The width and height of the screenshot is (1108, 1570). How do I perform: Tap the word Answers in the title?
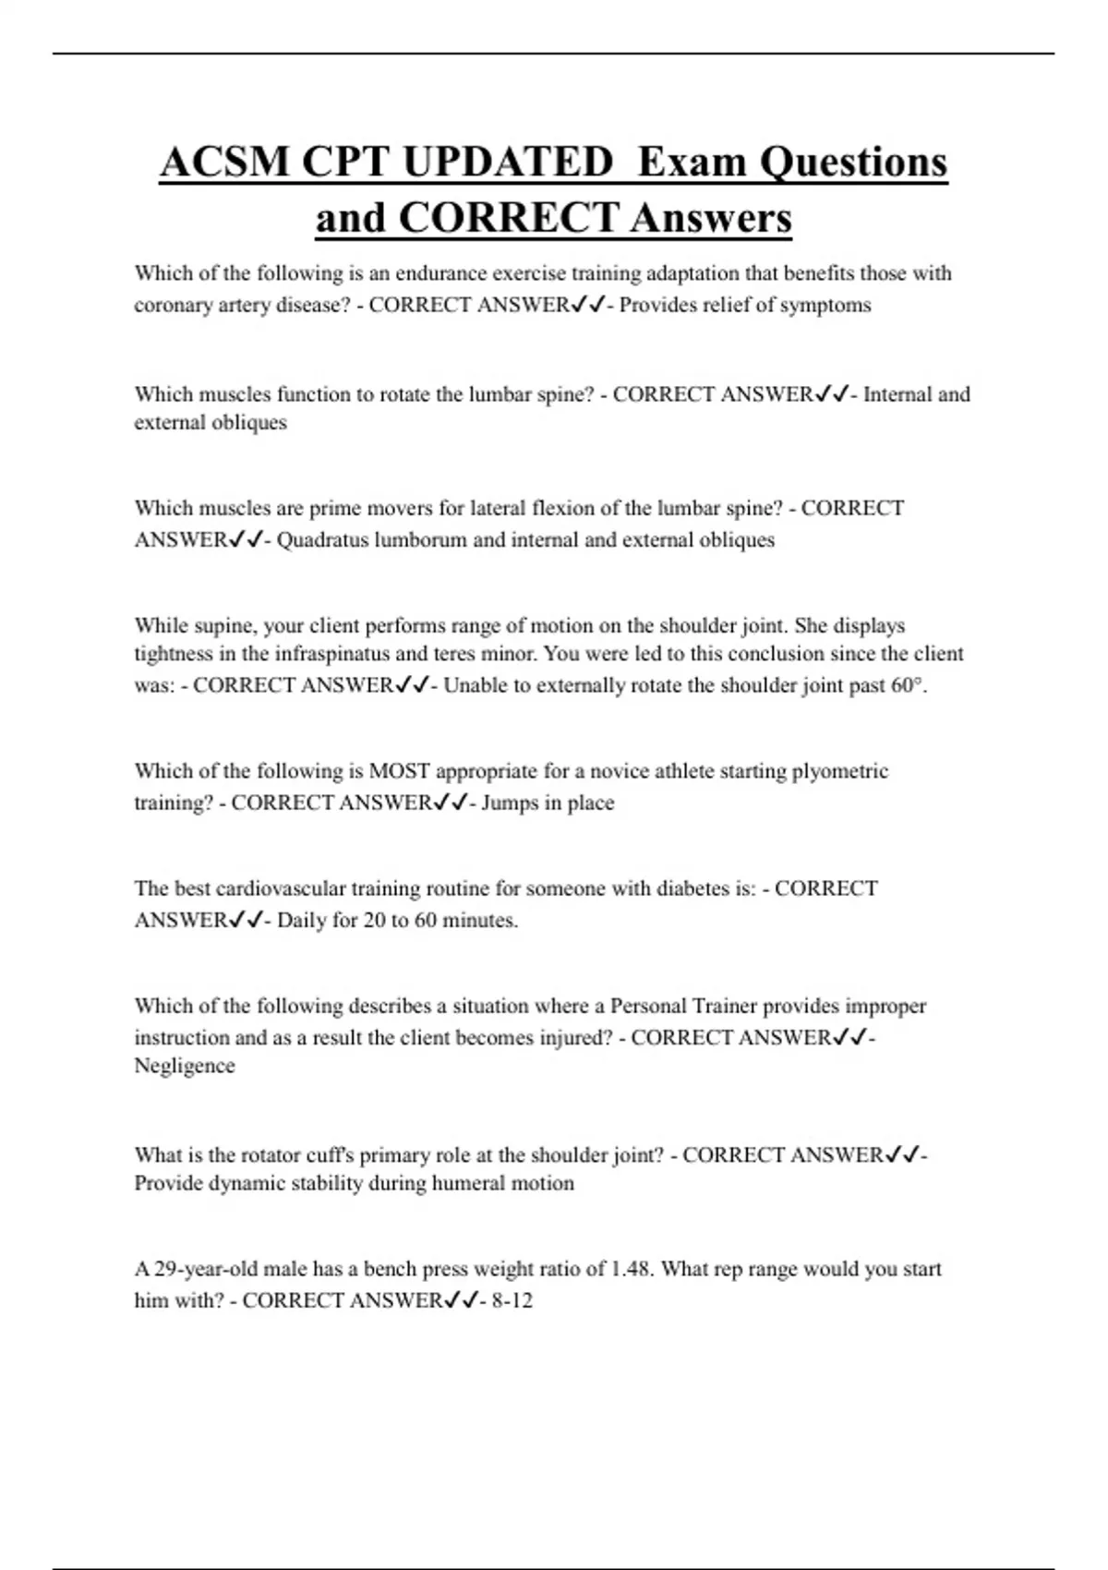tap(711, 219)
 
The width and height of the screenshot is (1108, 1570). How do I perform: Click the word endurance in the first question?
tap(443, 273)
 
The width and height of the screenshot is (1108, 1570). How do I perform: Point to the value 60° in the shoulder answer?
tap(907, 685)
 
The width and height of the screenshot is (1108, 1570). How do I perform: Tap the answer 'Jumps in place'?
tap(548, 803)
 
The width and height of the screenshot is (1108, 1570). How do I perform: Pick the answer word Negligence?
tap(185, 1066)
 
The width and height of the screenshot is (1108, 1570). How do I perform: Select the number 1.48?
tap(633, 1269)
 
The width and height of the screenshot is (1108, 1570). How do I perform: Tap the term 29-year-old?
tap(208, 1269)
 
